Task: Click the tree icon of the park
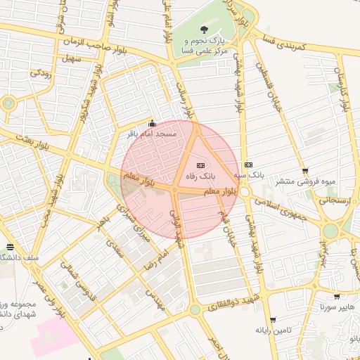pyautogui.click(x=204, y=30)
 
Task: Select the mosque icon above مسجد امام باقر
pyautogui.click(x=152, y=123)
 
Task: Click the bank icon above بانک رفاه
pyautogui.click(x=201, y=164)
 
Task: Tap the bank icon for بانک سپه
pyautogui.click(x=247, y=164)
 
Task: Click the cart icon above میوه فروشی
pyautogui.click(x=304, y=171)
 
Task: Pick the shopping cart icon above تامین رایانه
pyautogui.click(x=273, y=320)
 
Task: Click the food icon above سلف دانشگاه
pyautogui.click(x=10, y=247)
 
